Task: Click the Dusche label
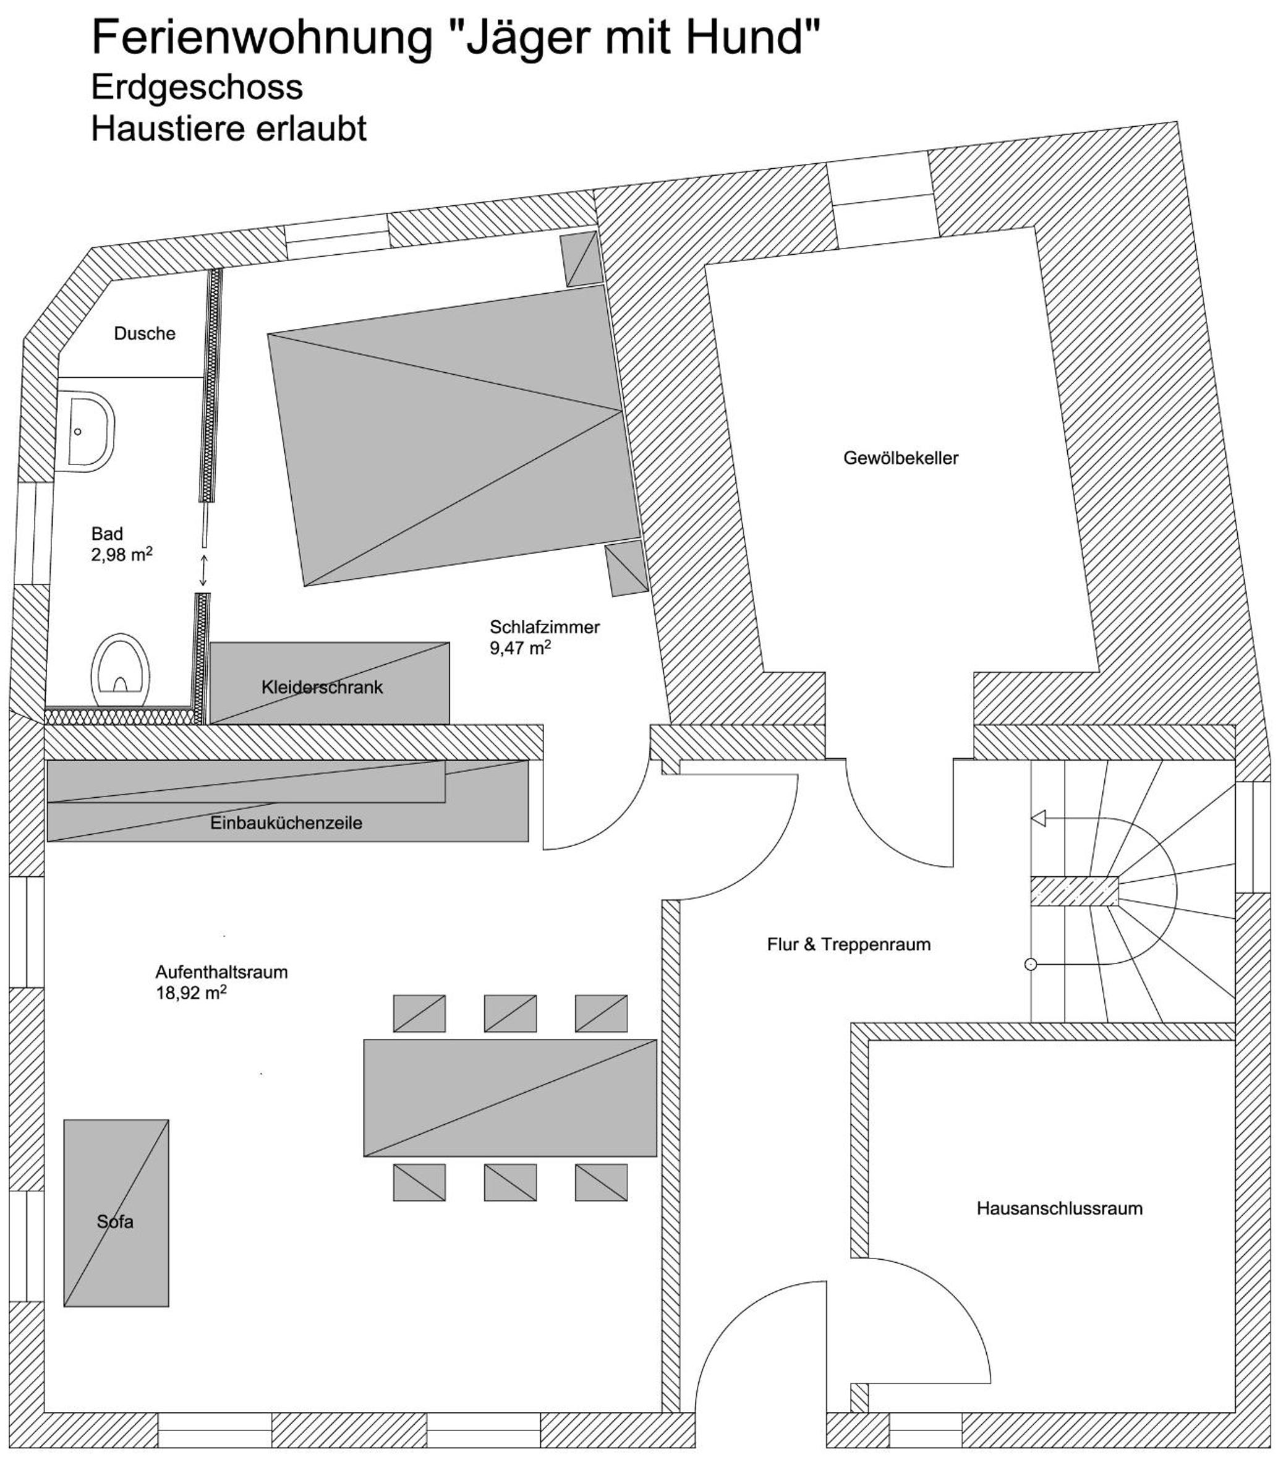click(x=145, y=333)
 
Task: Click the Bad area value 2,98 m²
click(x=122, y=554)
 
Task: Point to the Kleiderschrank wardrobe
click(x=330, y=683)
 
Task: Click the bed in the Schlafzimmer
click(x=454, y=436)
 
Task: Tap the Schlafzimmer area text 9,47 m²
click(x=520, y=647)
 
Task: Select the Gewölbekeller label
click(x=901, y=458)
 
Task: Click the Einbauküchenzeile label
click(x=286, y=822)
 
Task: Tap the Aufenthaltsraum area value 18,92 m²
click(x=191, y=992)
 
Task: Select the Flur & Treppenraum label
click(x=849, y=944)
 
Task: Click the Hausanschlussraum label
click(x=1060, y=1208)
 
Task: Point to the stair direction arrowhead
click(x=1038, y=818)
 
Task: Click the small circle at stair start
click(x=1031, y=964)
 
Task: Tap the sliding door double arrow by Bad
click(x=204, y=571)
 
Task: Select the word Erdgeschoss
click(x=197, y=87)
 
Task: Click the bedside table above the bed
click(x=581, y=258)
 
